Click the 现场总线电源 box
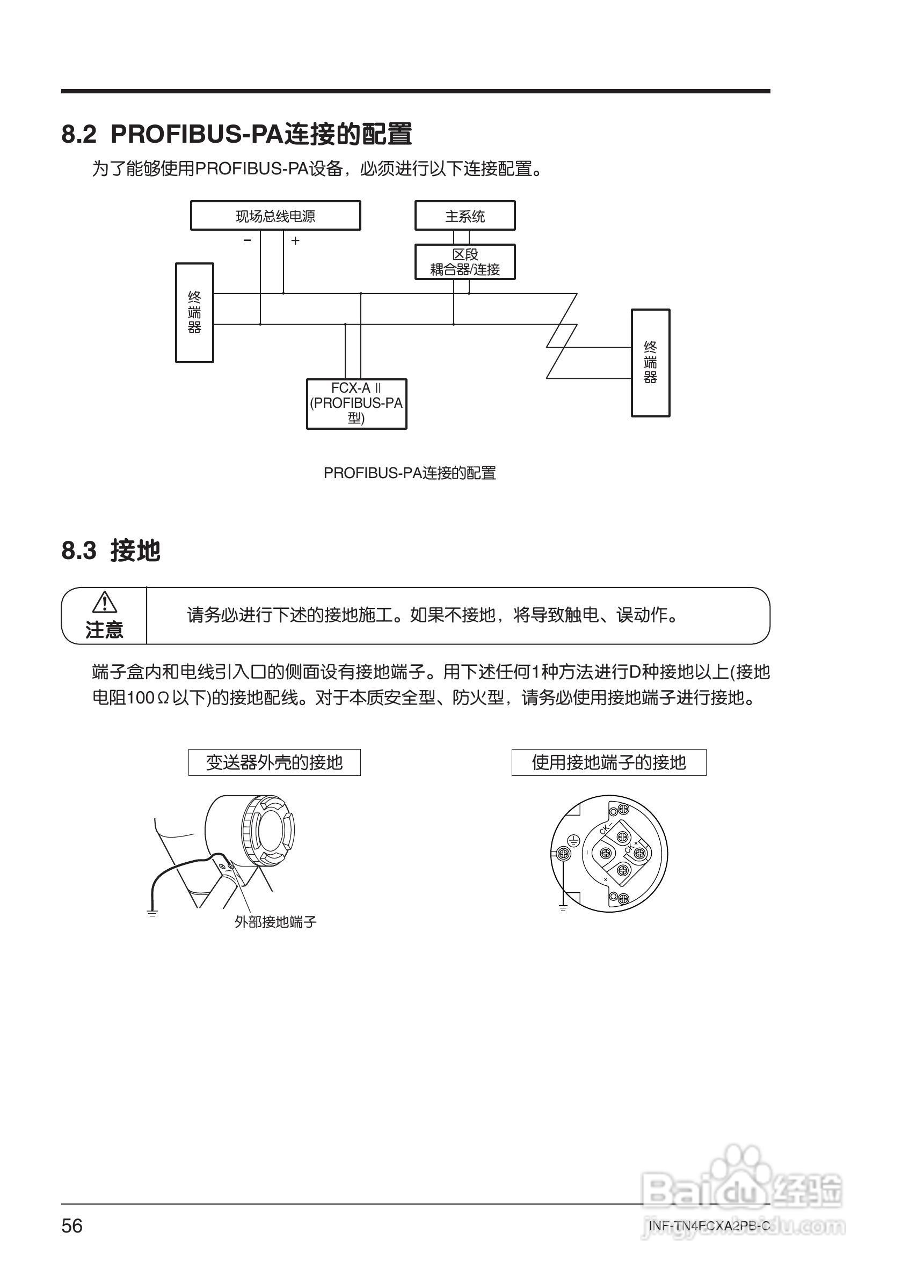[x=275, y=216]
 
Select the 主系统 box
[x=464, y=216]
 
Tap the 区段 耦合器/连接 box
[x=464, y=262]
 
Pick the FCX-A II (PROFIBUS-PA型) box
[x=356, y=404]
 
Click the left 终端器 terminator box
[x=194, y=313]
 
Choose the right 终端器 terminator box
[x=650, y=363]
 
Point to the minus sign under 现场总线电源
[x=248, y=240]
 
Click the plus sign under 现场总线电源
[x=295, y=240]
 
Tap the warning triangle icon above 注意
[x=104, y=603]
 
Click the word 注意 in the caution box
[x=104, y=629]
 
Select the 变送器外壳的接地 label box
[x=274, y=762]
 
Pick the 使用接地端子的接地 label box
[x=609, y=762]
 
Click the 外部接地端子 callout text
[x=275, y=922]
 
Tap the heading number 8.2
[x=78, y=134]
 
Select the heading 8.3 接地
[x=111, y=551]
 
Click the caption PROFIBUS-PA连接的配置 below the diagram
[x=410, y=473]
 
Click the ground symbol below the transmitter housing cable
[x=152, y=913]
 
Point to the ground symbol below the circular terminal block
[x=563, y=908]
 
